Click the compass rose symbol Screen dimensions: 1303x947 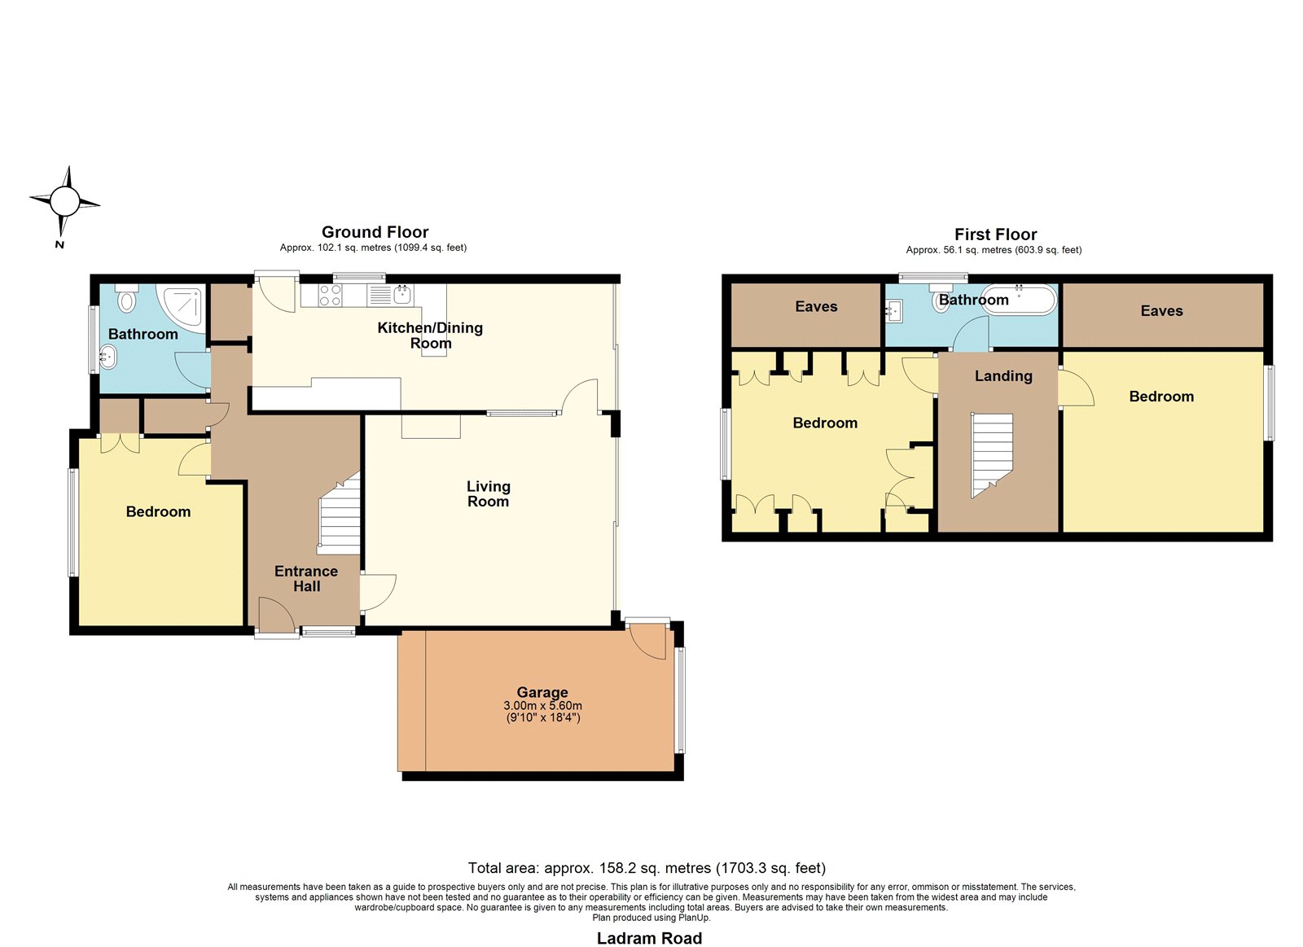(64, 202)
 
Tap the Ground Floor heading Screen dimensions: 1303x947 (375, 232)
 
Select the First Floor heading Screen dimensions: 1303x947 (995, 235)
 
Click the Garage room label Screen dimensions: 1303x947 (542, 692)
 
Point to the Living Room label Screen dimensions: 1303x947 (488, 494)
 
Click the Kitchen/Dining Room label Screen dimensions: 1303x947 (430, 335)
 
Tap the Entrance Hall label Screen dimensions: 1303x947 (306, 579)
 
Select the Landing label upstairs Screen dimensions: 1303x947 (1003, 376)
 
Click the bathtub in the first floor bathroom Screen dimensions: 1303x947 (1018, 300)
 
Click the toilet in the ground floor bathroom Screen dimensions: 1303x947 (126, 297)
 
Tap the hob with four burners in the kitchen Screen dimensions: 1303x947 (330, 295)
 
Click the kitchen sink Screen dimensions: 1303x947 (402, 294)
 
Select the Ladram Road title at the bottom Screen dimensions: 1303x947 (649, 938)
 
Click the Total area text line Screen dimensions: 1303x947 (647, 868)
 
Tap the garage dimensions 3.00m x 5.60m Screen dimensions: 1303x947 (542, 706)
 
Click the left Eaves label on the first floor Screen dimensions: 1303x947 (816, 306)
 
